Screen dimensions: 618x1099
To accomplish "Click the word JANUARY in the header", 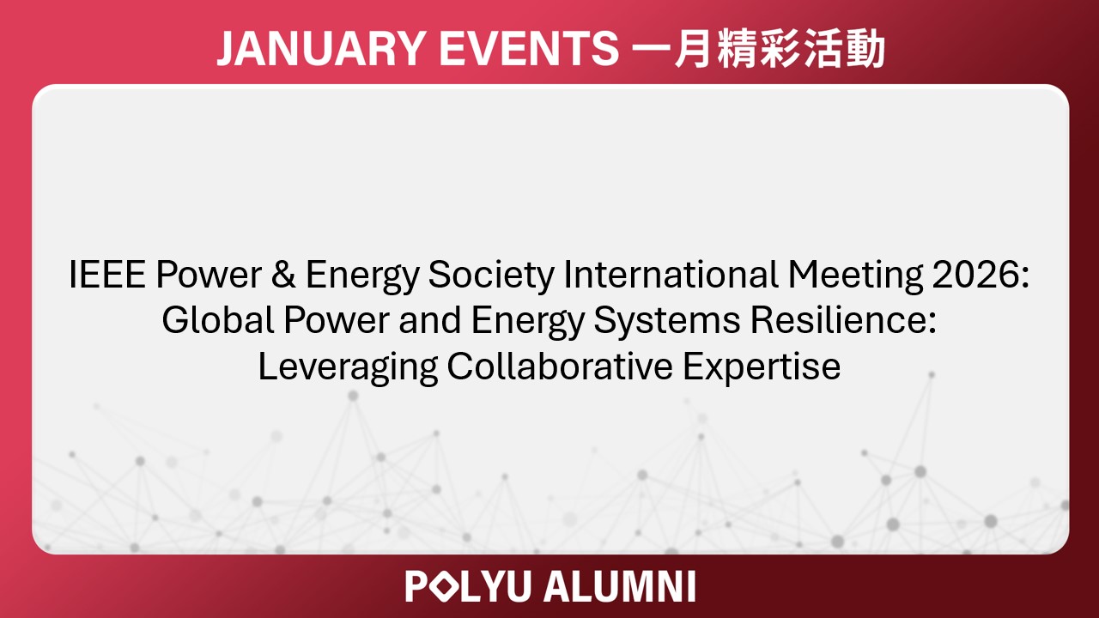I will tap(315, 50).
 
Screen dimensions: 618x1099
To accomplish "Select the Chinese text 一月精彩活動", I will tap(758, 50).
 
